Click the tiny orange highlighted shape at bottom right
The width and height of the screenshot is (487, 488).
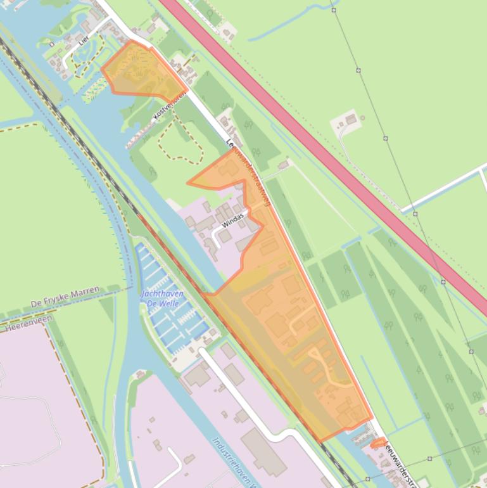(x=378, y=443)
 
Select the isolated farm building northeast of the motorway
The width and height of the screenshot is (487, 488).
(x=351, y=118)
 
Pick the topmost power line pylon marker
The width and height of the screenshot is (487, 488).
(x=333, y=10)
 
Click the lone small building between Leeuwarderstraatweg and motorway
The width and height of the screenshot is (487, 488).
(x=282, y=165)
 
